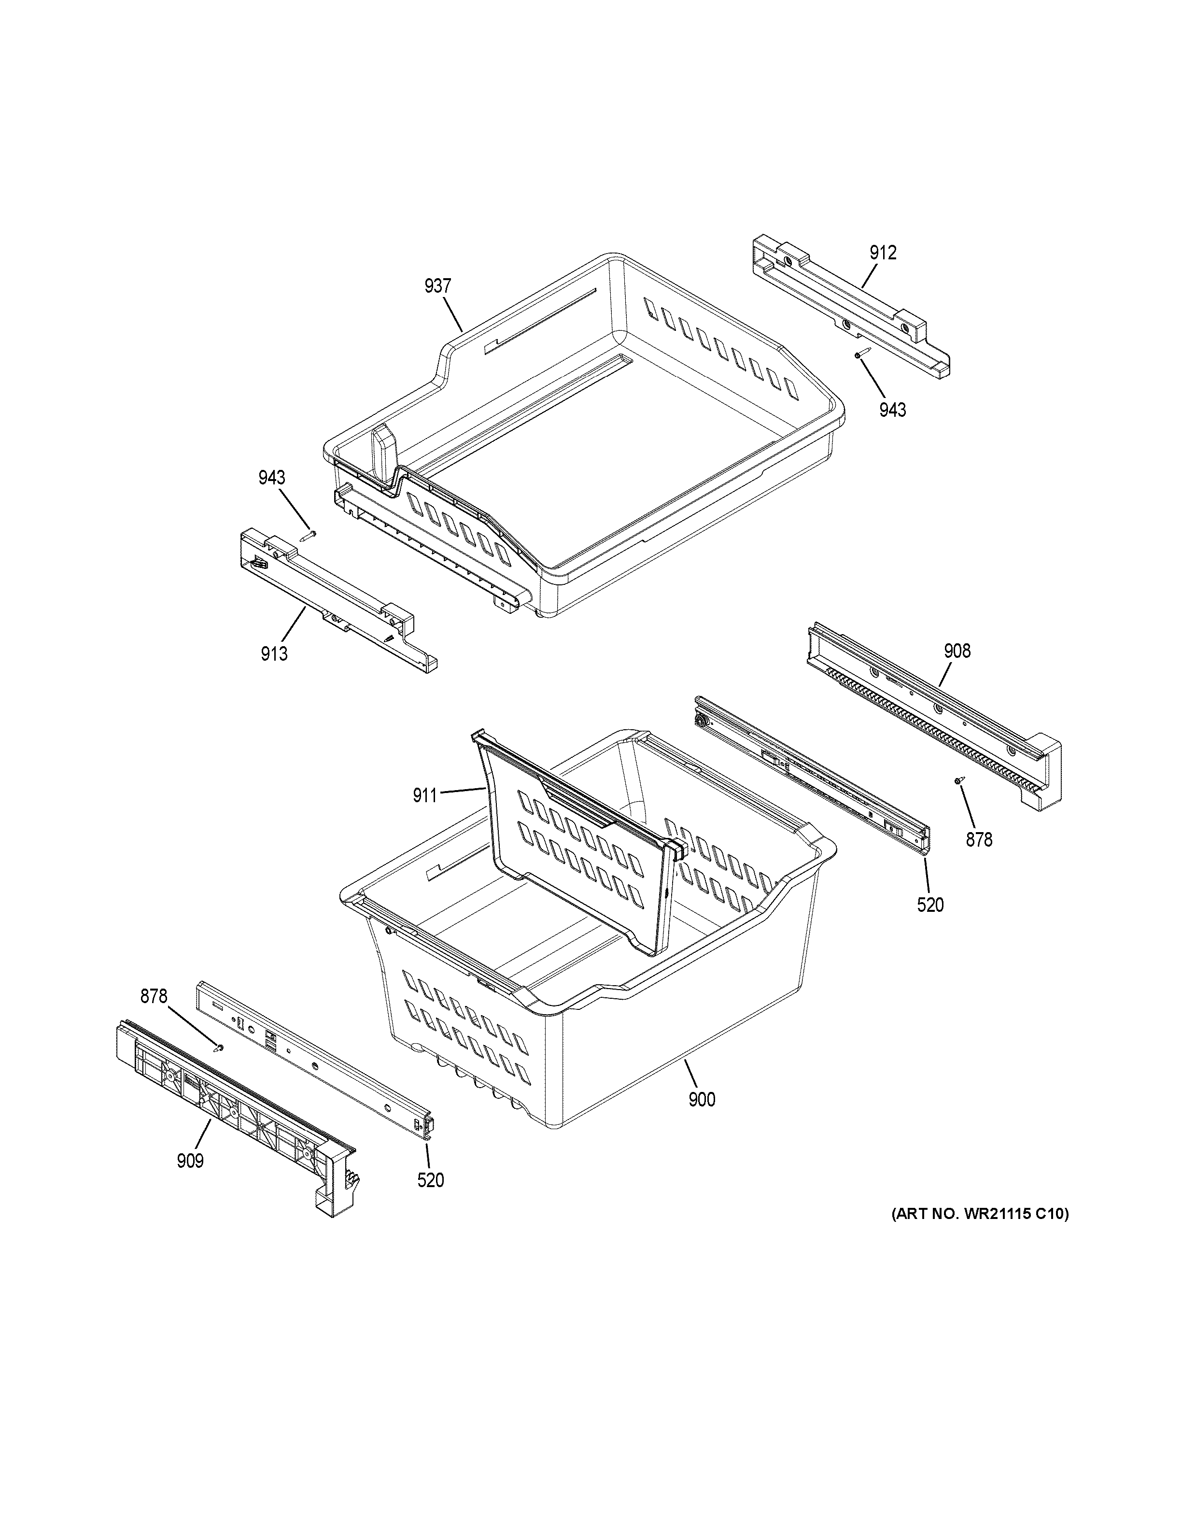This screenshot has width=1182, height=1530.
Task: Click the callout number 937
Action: tap(437, 286)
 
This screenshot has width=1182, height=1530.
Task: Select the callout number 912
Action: tap(883, 253)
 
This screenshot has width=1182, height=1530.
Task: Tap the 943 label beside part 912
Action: tap(893, 410)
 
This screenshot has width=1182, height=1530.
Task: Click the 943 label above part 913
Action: tap(272, 478)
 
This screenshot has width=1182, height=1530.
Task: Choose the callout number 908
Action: tap(957, 651)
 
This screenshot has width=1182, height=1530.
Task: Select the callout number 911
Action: tap(425, 795)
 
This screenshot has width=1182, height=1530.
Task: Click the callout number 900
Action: tap(702, 1100)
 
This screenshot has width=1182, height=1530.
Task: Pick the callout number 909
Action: tap(190, 1161)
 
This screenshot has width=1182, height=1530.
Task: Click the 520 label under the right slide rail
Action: tap(930, 905)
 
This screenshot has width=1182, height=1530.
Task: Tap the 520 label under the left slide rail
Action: tap(431, 1180)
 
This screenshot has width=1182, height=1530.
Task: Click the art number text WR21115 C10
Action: tap(980, 1215)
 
